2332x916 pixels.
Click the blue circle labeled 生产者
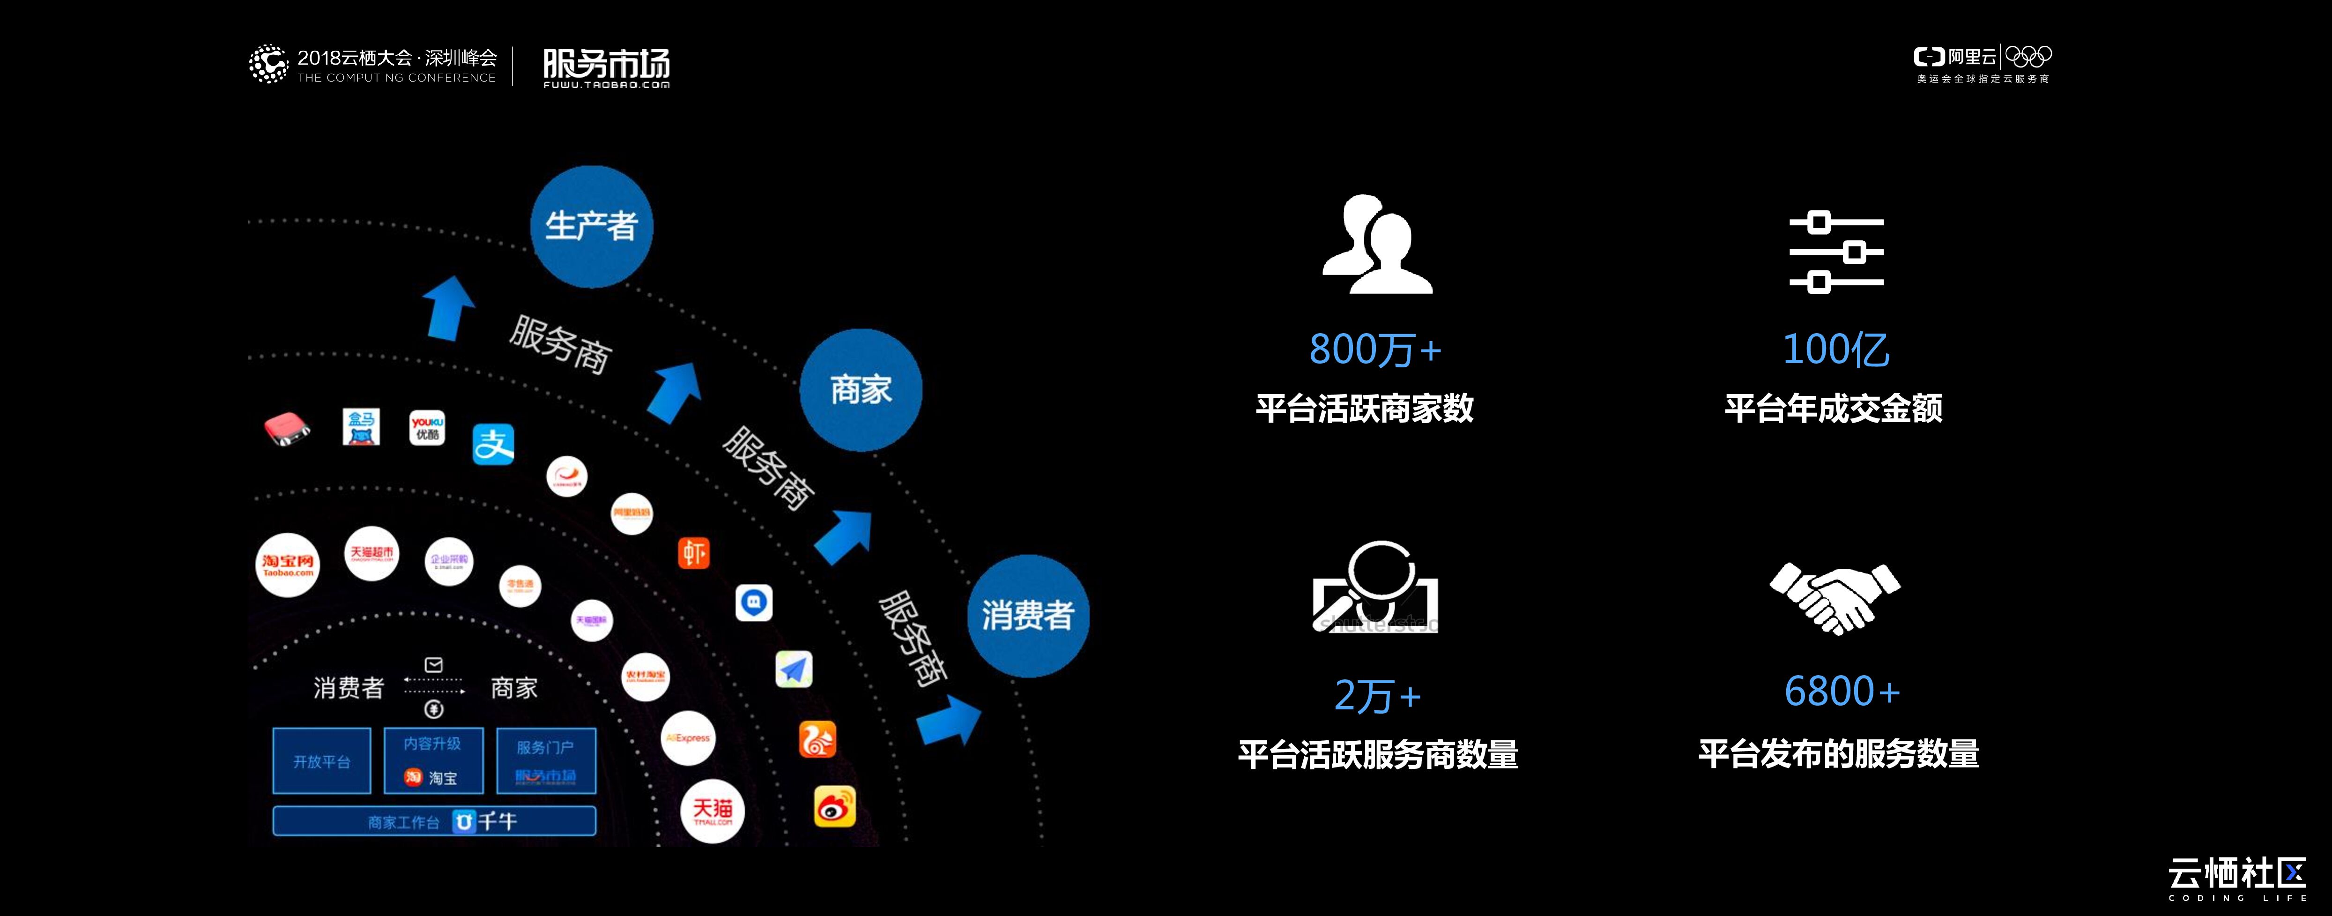[x=591, y=226]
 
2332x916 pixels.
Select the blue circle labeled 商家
[x=860, y=390]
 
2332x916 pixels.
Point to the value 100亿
[x=1835, y=350]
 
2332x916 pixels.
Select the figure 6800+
[x=1842, y=692]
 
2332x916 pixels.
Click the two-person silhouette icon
[x=1377, y=245]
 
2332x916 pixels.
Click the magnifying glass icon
[x=1375, y=587]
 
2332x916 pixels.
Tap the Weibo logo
[x=834, y=805]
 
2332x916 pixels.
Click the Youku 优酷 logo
[x=427, y=427]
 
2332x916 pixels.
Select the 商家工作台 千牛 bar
[x=435, y=821]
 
